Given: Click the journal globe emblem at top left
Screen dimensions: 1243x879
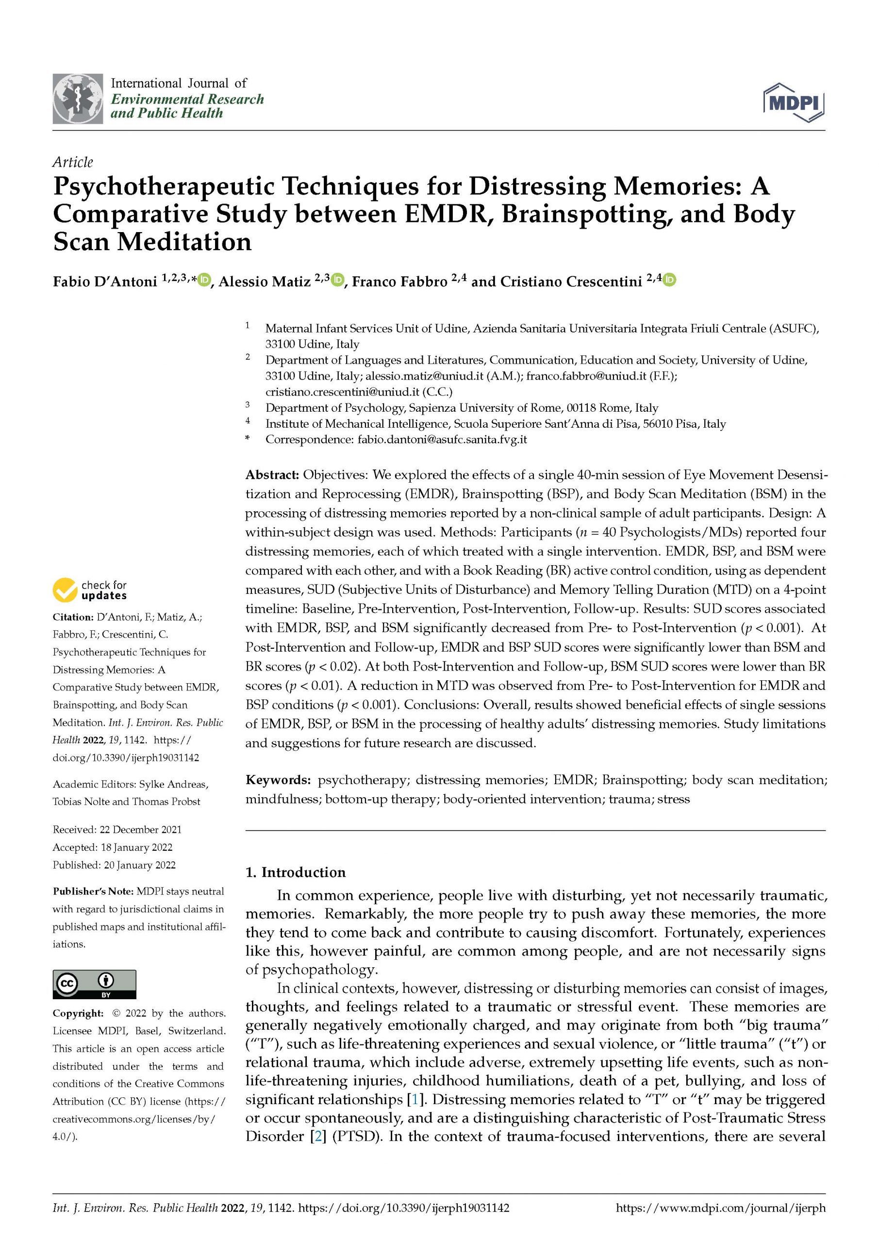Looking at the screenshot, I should coord(78,99).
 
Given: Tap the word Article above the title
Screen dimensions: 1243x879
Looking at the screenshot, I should coord(72,162).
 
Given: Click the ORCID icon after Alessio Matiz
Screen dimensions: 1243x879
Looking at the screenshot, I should coord(338,280).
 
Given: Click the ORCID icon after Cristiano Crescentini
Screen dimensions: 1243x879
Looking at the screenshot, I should coord(669,280).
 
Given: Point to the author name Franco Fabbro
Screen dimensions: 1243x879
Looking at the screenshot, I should coord(399,282).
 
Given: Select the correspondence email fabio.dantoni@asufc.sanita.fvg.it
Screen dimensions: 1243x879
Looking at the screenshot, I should coord(442,439).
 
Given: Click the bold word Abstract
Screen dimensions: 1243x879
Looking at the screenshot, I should coord(272,475).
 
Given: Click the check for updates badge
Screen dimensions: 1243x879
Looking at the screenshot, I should coord(90,590).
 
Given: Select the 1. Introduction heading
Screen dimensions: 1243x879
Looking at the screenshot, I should coord(296,872).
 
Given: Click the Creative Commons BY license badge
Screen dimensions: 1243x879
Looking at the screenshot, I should coord(94,984).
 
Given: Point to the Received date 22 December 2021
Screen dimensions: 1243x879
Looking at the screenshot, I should coord(117,829).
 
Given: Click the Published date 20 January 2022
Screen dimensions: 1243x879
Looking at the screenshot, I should coord(114,865).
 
